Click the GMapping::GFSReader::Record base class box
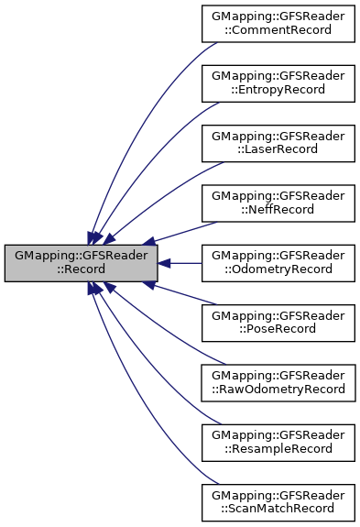81,263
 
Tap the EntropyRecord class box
278,84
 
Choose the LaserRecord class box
278,144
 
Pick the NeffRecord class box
278,203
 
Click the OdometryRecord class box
278,263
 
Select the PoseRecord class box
278,323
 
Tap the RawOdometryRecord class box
278,382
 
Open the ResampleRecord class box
278,442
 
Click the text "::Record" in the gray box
81,270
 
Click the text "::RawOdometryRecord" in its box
278,390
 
